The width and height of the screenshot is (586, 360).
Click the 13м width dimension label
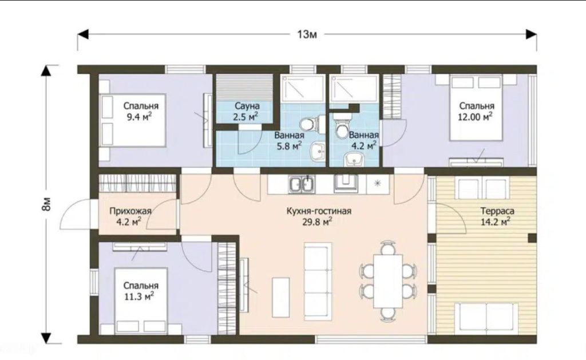pos(307,34)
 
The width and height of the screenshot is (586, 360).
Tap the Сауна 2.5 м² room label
pos(247,112)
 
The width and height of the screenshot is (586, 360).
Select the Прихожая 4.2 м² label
pos(130,216)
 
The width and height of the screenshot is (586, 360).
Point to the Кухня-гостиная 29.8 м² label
pos(318,216)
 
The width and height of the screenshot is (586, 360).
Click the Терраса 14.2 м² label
pos(497,216)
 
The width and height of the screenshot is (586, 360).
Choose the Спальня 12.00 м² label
pos(476,112)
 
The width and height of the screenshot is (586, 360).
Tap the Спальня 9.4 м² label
pos(141,112)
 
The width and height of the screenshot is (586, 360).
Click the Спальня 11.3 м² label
pos(141,291)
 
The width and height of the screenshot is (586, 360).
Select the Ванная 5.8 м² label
pos(289,141)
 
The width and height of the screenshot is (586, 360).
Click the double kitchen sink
pos(302,184)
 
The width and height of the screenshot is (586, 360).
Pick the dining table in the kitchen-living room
pos(389,281)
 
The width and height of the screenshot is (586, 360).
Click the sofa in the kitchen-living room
pos(318,281)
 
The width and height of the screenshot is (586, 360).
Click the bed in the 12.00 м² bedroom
pos(476,107)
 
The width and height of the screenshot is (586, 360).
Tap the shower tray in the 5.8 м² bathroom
pos(303,88)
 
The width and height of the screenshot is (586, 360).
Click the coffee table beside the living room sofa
pos(280,297)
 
